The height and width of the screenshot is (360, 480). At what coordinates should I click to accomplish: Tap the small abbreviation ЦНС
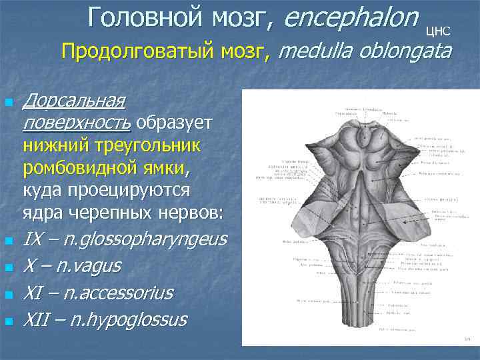(x=438, y=30)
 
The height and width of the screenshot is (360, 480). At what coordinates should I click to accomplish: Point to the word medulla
(x=313, y=51)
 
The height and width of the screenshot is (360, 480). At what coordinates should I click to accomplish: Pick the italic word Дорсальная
(x=73, y=101)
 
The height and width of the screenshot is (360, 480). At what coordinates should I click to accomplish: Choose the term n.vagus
(x=86, y=266)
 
